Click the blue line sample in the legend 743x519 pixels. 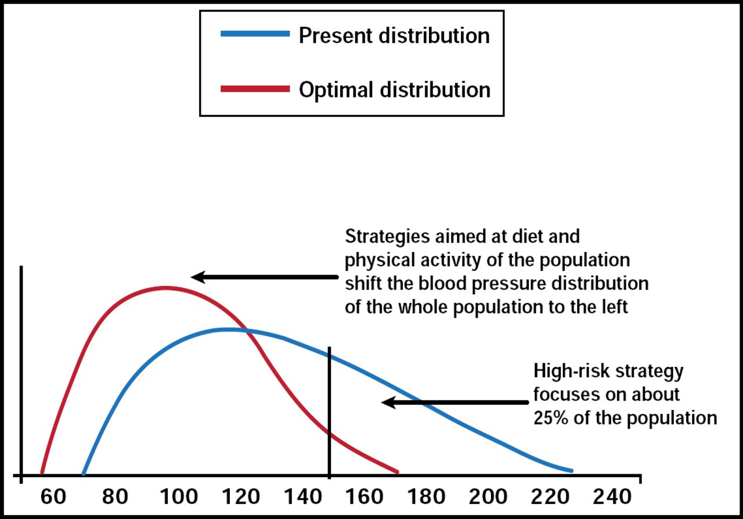[x=255, y=35]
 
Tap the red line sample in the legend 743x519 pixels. [x=255, y=89]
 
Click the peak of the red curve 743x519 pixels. [x=166, y=287]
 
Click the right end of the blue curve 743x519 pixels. [x=571, y=470]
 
